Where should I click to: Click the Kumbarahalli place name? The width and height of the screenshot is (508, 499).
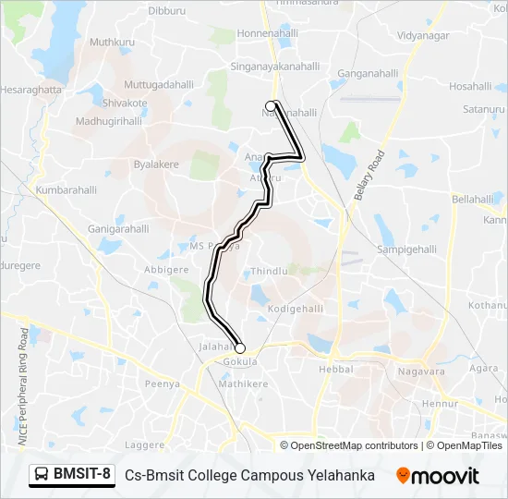click(66, 189)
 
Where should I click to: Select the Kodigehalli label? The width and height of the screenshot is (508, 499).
click(292, 308)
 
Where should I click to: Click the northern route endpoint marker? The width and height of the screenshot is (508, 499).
click(272, 105)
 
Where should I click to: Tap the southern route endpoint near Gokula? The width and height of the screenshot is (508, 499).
click(240, 348)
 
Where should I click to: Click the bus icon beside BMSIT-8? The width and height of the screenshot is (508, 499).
click(42, 475)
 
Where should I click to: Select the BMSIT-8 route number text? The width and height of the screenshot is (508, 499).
click(82, 475)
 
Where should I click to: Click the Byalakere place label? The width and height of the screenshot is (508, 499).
click(156, 164)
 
